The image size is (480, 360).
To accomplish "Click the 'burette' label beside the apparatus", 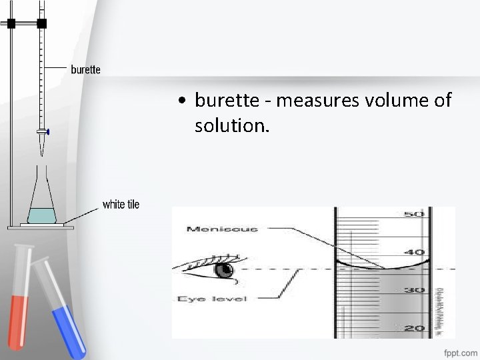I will (x=86, y=69).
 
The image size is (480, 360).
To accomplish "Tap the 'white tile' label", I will (x=121, y=205).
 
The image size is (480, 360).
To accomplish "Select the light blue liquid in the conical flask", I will (x=42, y=215).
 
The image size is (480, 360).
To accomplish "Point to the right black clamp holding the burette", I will (x=42, y=23).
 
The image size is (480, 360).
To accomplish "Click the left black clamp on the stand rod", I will (x=11, y=23).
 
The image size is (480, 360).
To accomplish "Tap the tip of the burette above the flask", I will (x=42, y=143).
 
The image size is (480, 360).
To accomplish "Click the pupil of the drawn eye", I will (x=225, y=270).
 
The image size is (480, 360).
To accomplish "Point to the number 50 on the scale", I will (x=415, y=215).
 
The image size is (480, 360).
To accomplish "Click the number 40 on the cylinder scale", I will (x=415, y=252).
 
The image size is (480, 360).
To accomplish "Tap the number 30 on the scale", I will (x=415, y=290).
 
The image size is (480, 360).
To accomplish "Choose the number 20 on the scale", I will (x=415, y=328).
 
